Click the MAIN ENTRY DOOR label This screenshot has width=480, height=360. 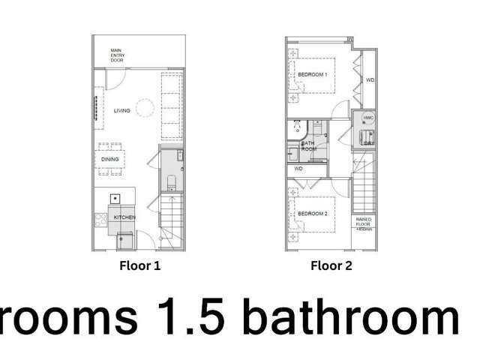(x=117, y=55)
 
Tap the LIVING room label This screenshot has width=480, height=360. (x=121, y=111)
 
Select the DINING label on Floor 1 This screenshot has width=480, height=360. (x=109, y=159)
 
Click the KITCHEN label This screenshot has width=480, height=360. (x=124, y=217)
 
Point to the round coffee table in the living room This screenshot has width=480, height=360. (x=145, y=110)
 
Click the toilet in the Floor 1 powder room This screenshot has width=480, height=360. (x=172, y=181)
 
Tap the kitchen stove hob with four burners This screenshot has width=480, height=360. (x=100, y=220)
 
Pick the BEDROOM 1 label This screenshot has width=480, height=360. (x=312, y=75)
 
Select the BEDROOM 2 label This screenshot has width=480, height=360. (x=312, y=214)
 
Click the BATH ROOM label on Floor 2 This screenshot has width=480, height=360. (x=308, y=145)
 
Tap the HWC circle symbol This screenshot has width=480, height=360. (x=367, y=118)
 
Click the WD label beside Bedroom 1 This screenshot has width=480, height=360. (x=370, y=80)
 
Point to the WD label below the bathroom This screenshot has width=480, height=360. (x=298, y=169)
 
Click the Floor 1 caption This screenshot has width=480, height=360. (x=140, y=265)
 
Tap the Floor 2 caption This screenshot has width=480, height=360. (x=331, y=265)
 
